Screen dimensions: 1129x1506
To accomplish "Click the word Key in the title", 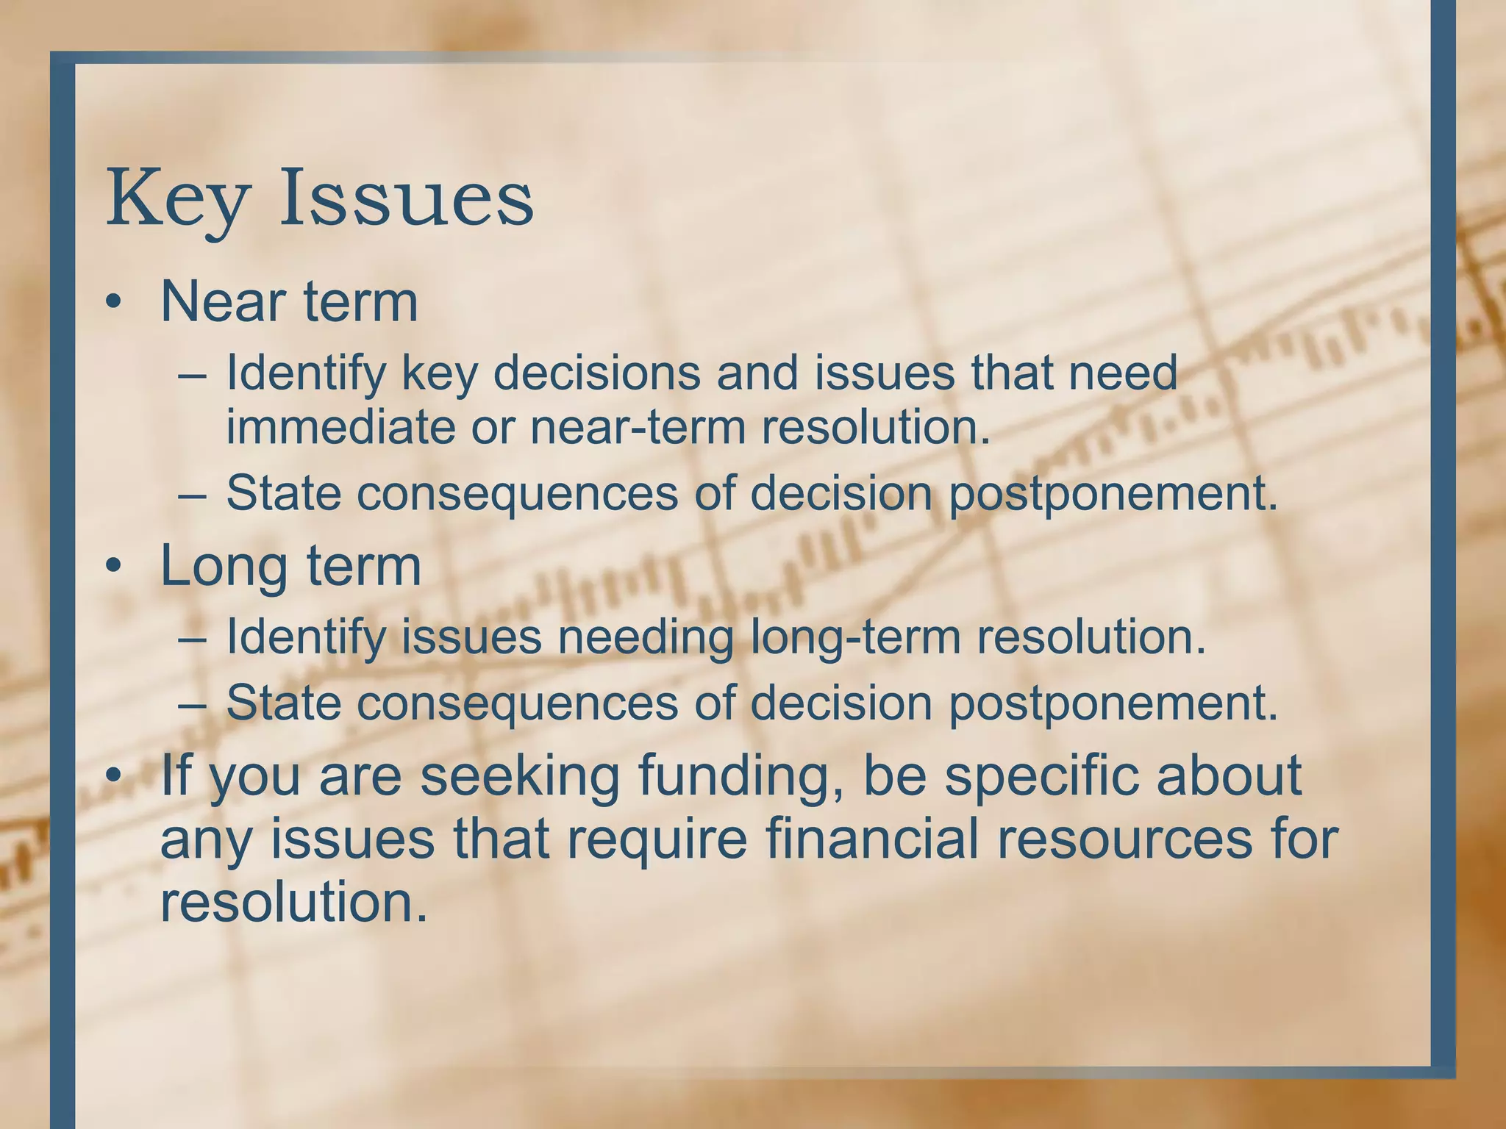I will (x=175, y=198).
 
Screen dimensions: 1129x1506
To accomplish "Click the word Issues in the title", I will (x=407, y=198).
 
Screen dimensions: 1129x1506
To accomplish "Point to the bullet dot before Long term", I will (x=112, y=567).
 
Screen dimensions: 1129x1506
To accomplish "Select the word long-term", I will (x=855, y=637).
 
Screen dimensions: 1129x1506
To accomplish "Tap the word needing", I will (x=645, y=637).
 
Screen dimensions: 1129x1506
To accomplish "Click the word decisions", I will (x=596, y=372).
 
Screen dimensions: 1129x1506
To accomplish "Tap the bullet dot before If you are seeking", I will (x=112, y=777).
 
